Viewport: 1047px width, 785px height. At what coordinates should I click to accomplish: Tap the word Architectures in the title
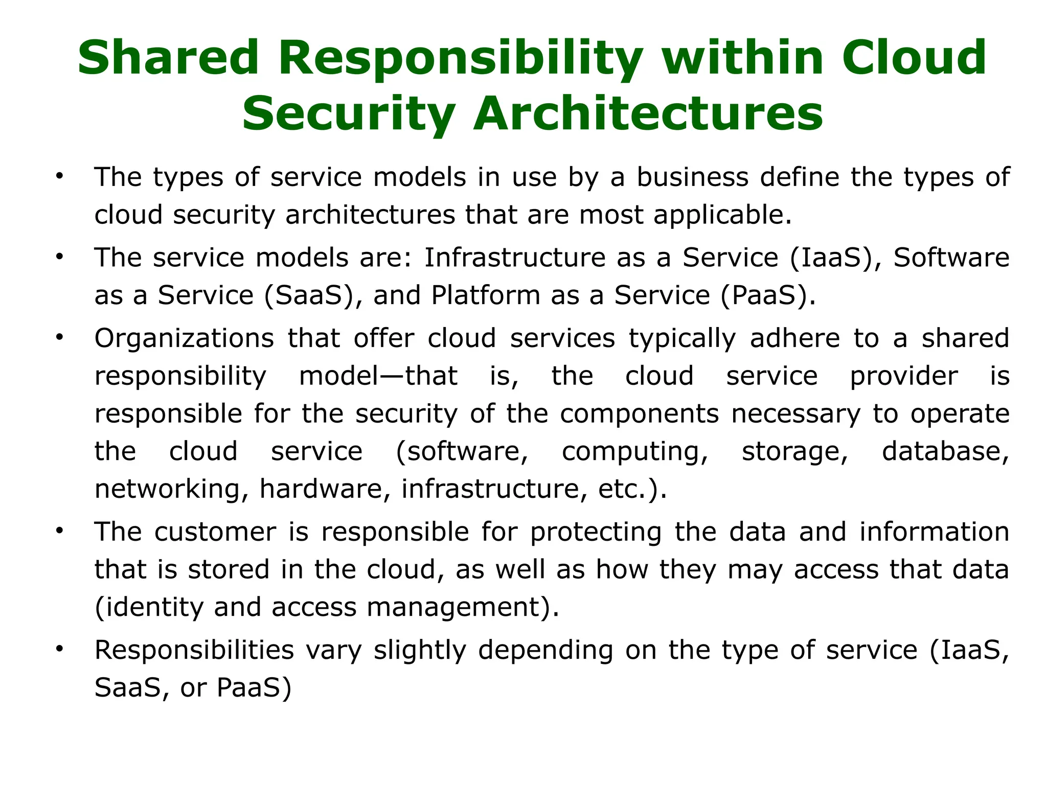coord(648,113)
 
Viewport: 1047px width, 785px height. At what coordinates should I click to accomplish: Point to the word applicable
coord(722,215)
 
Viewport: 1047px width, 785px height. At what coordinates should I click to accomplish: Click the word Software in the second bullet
coord(951,257)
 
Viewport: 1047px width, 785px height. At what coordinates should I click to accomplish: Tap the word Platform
coord(486,295)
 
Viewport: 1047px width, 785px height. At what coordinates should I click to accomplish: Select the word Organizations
coord(184,338)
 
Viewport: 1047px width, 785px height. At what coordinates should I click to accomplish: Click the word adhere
coord(795,338)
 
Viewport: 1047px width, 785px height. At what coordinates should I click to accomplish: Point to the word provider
coord(903,376)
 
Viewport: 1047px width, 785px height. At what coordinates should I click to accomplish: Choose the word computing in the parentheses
coord(635,451)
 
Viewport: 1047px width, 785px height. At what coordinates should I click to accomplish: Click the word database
coord(945,451)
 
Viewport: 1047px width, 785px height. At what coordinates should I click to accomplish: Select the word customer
coord(215,532)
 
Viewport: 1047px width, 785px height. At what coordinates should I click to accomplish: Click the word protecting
coord(596,533)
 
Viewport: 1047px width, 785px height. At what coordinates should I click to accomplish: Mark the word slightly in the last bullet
coord(420,651)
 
